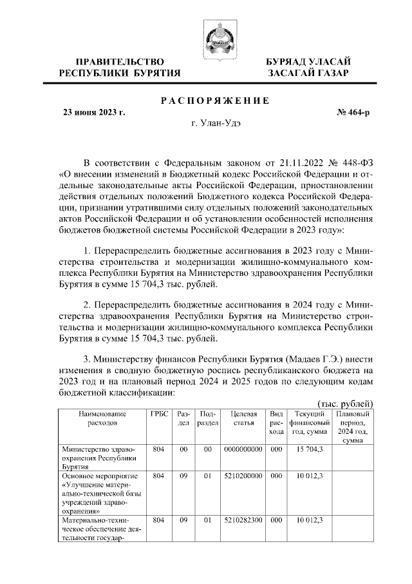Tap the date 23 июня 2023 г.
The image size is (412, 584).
93,112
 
